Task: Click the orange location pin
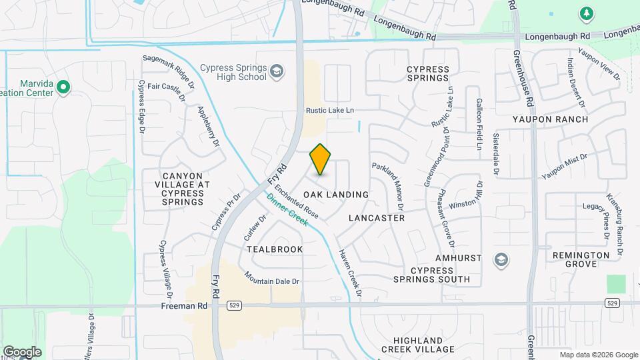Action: click(x=320, y=159)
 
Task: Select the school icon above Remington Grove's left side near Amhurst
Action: click(x=501, y=259)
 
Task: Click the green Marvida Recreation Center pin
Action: click(x=63, y=87)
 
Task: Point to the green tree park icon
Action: click(x=586, y=13)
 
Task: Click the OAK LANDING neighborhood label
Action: click(x=336, y=195)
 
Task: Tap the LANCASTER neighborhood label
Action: click(x=377, y=218)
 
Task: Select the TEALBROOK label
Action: click(x=275, y=249)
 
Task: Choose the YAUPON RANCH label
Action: click(x=551, y=119)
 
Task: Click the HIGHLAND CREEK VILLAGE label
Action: click(x=417, y=345)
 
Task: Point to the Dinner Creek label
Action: click(x=287, y=209)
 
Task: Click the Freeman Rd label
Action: click(x=184, y=305)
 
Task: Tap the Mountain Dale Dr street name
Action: click(x=272, y=277)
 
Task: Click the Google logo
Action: click(x=22, y=352)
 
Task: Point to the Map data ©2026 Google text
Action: click(x=598, y=355)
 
